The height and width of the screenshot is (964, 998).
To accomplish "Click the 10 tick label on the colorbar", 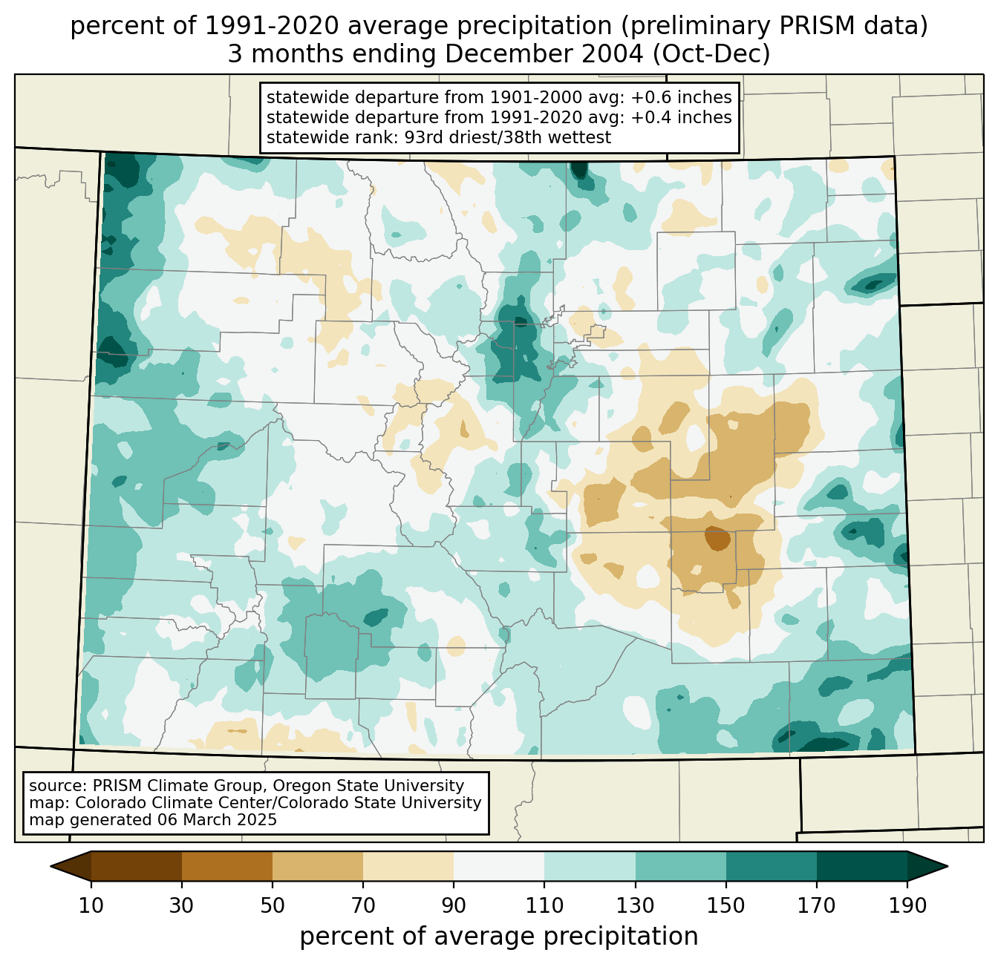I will [x=91, y=906].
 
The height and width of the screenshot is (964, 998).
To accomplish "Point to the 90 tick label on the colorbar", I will [x=454, y=906].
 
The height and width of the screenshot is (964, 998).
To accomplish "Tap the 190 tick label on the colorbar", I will [x=907, y=906].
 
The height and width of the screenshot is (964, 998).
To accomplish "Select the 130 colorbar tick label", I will [x=636, y=906].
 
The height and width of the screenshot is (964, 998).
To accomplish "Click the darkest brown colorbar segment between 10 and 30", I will [x=137, y=866].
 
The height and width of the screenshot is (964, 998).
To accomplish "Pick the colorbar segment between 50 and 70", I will [x=318, y=866].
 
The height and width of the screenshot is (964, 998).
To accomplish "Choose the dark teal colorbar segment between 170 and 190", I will [x=862, y=866].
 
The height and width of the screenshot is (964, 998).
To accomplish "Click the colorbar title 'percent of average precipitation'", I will [x=499, y=937].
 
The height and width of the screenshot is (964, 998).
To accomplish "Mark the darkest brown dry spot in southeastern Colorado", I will [x=717, y=538].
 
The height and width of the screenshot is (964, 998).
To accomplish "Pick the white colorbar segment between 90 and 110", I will [x=499, y=866].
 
